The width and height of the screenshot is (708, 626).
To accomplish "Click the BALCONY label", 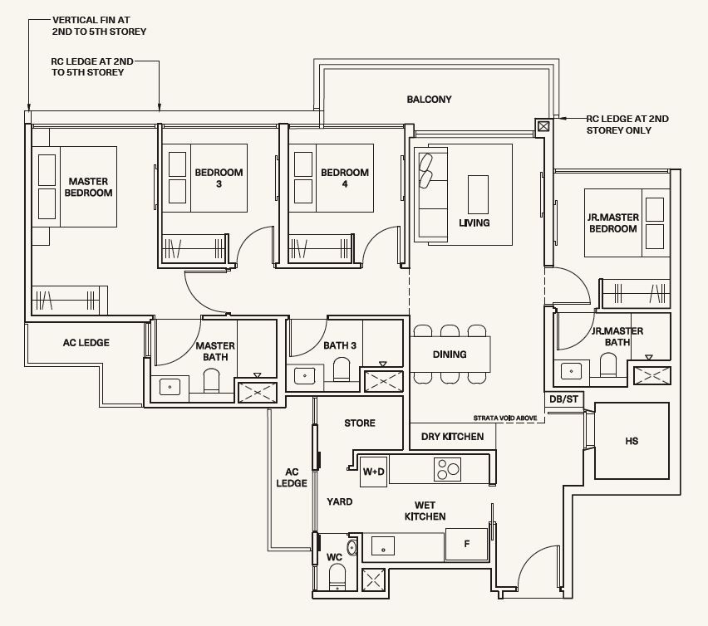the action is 429,100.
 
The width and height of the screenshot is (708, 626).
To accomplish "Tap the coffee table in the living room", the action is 478,194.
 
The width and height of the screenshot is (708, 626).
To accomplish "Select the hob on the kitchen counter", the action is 447,469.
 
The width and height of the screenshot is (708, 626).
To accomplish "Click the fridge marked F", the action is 466,545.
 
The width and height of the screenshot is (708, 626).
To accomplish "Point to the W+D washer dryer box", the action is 373,472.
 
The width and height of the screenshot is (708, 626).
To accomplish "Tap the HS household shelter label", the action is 632,441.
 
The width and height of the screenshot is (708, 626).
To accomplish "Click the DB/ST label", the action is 563,399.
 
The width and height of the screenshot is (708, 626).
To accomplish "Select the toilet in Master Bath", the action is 211,381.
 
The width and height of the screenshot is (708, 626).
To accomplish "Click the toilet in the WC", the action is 337,577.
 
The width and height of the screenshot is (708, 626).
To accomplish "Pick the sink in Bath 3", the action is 305,376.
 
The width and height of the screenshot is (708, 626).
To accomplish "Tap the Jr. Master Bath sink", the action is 571,371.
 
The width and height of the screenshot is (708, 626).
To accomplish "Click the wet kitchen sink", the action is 383,545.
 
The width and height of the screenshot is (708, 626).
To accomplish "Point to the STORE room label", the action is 360,423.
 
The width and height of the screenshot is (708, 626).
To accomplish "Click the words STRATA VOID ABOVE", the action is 504,418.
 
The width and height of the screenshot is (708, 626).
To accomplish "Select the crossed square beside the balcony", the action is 543,126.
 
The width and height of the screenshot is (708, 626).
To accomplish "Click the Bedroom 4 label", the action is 345,178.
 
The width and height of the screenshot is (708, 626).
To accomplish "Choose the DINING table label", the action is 450,355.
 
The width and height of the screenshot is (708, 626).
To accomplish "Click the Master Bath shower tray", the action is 257,393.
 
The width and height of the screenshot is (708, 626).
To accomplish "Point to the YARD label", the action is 340,501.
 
